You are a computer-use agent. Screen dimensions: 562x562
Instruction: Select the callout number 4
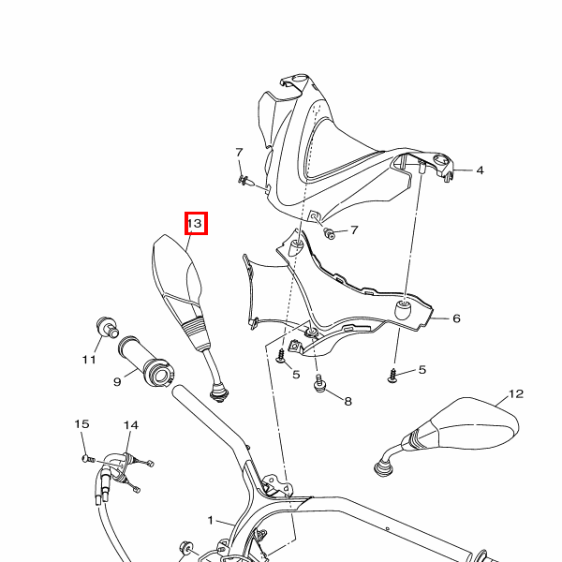480,170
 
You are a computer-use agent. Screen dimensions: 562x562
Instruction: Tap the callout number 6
456,318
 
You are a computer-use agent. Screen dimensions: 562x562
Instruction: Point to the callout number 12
516,394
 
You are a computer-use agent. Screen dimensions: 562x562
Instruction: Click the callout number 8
348,401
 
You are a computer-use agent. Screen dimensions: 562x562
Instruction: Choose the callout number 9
117,382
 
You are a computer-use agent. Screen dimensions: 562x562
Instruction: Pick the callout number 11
89,359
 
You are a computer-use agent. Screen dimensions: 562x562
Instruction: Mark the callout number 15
81,424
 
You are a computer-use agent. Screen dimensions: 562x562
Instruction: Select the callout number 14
131,425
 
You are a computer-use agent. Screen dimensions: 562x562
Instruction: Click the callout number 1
211,520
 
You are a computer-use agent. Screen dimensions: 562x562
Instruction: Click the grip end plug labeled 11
108,327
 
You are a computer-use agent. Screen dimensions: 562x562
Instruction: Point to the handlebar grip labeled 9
146,362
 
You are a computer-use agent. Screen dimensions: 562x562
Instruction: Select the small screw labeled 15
89,458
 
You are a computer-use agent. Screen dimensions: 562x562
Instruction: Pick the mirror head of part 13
176,273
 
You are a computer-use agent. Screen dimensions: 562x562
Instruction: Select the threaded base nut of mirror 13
219,393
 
